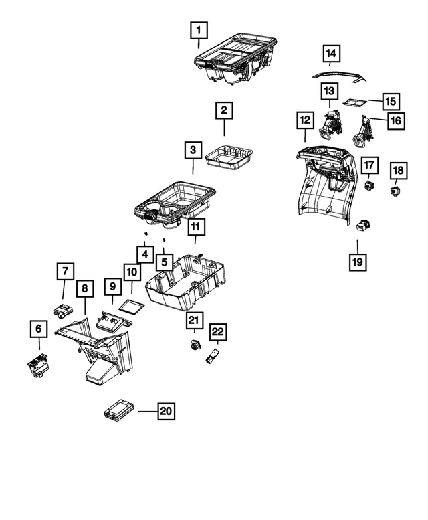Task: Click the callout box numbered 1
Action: (199, 30)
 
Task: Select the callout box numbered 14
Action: (332, 53)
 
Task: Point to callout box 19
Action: (358, 261)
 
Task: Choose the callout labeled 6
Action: (39, 329)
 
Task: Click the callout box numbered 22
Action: (217, 331)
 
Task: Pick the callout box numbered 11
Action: (195, 228)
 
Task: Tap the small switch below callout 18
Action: (396, 191)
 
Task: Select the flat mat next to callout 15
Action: (353, 103)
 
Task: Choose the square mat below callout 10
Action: (131, 307)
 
